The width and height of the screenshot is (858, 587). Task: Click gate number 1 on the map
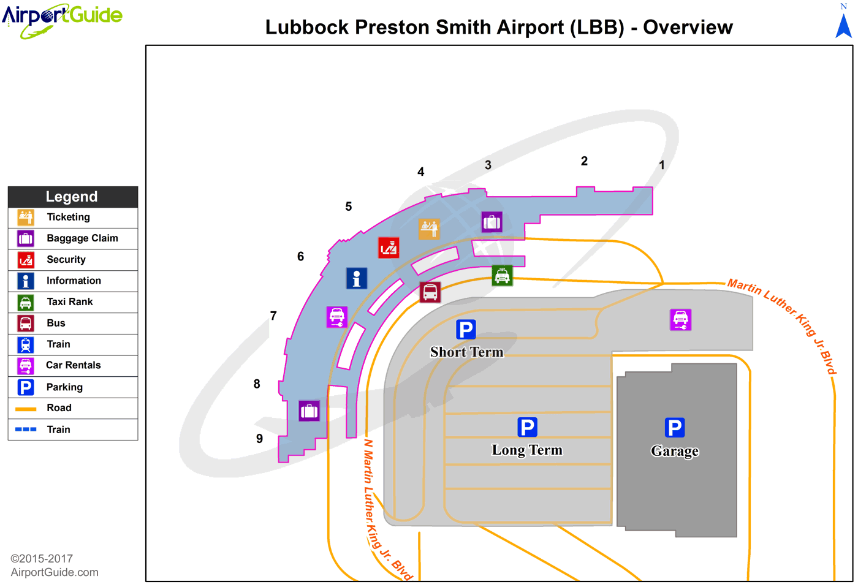pos(661,165)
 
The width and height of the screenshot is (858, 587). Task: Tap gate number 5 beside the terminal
pos(349,206)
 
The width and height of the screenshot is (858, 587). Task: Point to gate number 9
pos(259,439)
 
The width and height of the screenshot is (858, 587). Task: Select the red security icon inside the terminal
pos(389,248)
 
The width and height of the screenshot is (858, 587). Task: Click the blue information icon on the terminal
pos(357,278)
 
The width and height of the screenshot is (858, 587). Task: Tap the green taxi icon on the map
pos(502,276)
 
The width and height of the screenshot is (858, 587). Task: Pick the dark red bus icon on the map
pos(430,292)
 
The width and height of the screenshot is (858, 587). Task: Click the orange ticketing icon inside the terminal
pos(429,229)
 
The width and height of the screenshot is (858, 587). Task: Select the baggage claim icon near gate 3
pos(492,222)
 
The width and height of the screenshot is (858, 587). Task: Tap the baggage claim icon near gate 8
pos(309,411)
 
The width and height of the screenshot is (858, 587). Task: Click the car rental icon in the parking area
pos(680,319)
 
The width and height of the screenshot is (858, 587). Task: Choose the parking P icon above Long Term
pos(527,426)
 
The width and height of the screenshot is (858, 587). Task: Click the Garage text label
pos(674,451)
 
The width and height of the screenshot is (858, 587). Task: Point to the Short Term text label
pos(466,352)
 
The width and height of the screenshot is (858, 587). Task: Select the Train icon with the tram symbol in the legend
pos(26,344)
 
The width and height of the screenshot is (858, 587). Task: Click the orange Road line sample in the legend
pos(26,409)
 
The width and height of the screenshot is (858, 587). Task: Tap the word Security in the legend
pos(66,259)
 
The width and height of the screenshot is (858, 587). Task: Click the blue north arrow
pos(844,26)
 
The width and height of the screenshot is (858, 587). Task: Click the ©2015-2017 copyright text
pos(42,558)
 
